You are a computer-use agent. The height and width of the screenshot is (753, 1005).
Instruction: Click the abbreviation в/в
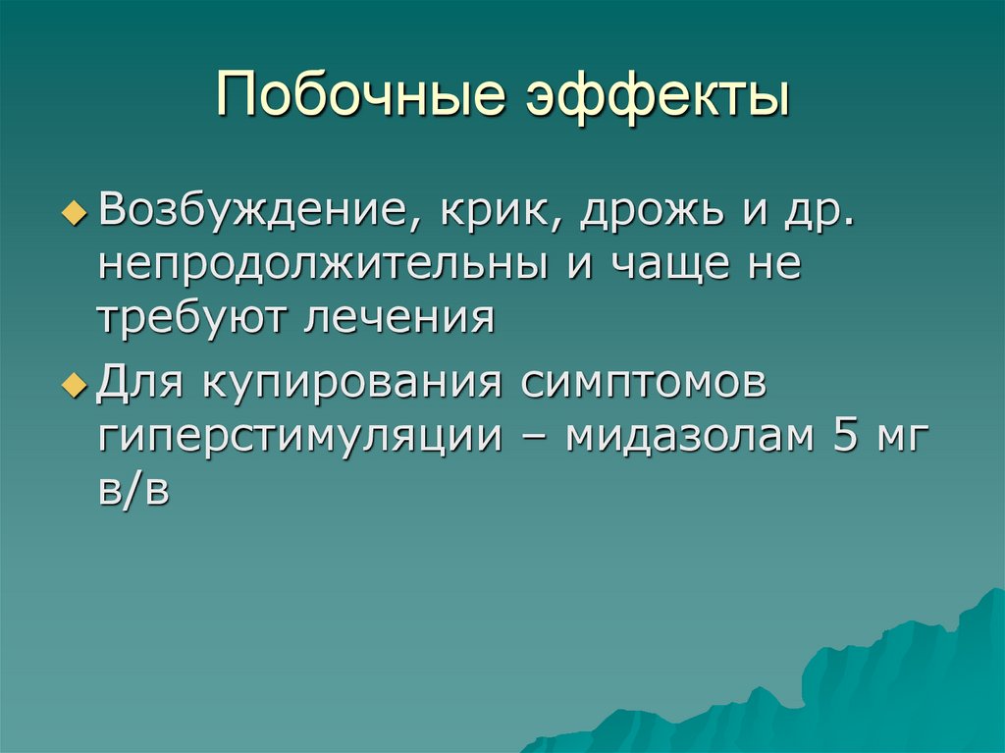point(133,490)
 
